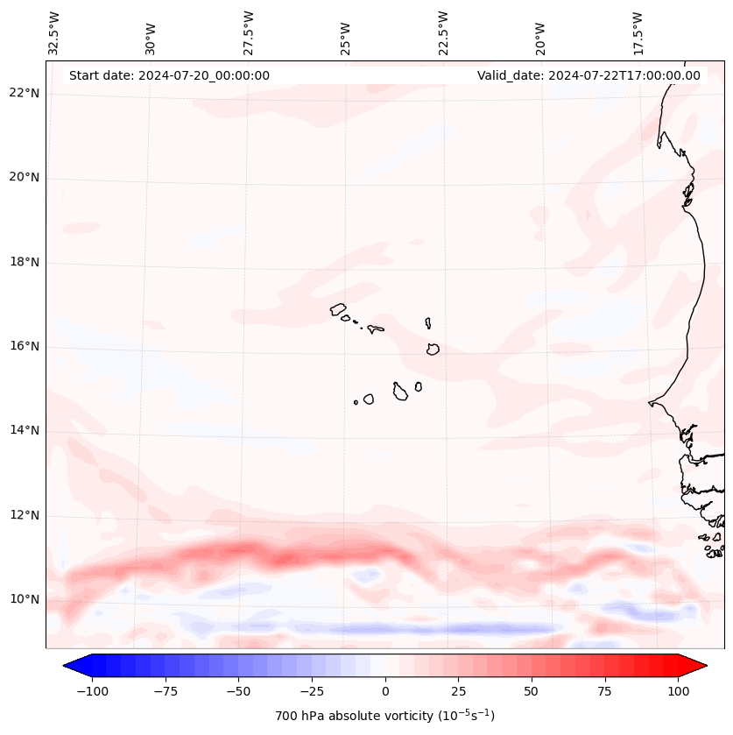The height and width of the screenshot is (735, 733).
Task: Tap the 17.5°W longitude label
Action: tap(638, 32)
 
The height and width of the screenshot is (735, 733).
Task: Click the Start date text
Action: tap(169, 75)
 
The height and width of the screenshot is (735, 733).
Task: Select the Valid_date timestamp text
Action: tap(589, 75)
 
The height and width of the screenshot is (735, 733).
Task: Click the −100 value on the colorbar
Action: tap(92, 692)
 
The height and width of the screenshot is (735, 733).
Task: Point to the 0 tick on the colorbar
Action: tap(385, 692)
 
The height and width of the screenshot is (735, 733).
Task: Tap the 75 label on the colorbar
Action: tap(605, 692)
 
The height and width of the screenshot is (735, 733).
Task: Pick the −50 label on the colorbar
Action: tap(238, 692)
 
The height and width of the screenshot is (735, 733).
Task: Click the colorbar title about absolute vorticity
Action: tap(385, 716)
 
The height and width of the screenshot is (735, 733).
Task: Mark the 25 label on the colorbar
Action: tap(458, 692)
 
